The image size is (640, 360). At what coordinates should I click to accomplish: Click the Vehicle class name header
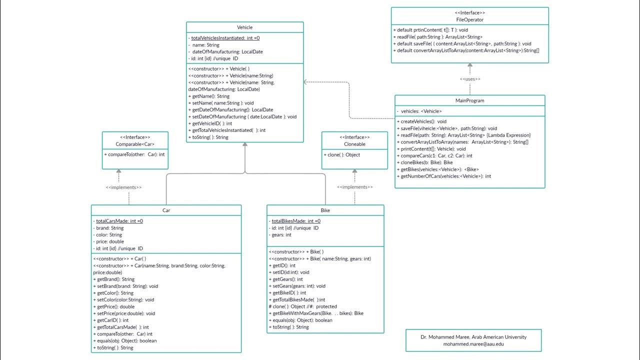pos(244,27)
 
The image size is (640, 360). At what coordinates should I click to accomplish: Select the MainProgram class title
pos(469,100)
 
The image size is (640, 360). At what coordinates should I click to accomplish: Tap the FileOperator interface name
pos(469,20)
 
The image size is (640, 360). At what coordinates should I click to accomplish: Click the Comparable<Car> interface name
pos(135,144)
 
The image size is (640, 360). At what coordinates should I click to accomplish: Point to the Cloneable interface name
pos(354,144)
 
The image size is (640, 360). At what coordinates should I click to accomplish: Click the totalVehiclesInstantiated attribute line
pos(225,38)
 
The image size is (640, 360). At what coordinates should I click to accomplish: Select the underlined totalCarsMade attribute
pos(119,221)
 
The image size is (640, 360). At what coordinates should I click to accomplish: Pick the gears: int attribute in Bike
pos(281,235)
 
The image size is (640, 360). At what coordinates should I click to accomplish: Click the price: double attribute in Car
pos(110,241)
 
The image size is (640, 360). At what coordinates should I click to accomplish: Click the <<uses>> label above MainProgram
pos(469,79)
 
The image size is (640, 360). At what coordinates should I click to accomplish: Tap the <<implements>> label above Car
pos(123,187)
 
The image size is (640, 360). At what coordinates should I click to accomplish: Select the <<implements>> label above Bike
pos(354,187)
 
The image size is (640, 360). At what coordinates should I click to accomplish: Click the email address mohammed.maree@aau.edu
pos(473,344)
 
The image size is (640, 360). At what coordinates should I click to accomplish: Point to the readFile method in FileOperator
pos(439,37)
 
